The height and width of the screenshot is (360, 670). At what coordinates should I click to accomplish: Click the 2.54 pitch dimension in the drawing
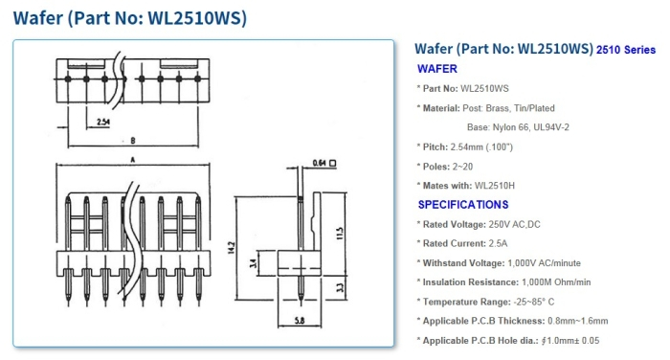104,122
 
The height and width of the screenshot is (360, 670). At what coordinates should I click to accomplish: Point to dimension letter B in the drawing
133,140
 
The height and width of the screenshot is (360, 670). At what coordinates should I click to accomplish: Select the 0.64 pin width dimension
321,164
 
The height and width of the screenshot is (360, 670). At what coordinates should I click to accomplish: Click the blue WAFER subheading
437,69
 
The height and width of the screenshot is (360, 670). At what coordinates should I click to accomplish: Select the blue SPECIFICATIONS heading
462,205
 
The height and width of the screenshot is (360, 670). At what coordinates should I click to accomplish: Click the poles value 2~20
466,166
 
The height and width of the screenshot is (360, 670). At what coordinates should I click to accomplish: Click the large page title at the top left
130,17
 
